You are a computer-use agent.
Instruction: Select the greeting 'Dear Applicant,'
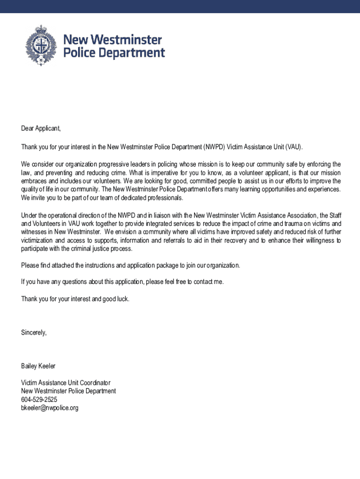click(x=41, y=128)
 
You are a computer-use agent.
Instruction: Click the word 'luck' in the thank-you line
click(x=122, y=299)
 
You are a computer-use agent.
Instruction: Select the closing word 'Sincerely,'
click(x=34, y=333)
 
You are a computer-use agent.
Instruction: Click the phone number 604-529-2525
click(x=39, y=399)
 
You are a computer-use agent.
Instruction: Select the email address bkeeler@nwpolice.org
click(x=50, y=408)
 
